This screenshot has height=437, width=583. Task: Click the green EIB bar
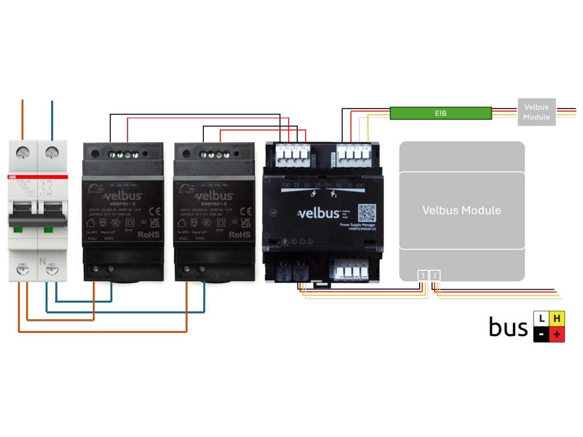tap(441, 113)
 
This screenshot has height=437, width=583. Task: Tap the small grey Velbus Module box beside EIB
tap(536, 112)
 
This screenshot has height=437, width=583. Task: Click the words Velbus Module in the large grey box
tap(461, 211)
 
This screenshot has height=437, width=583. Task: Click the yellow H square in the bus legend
tap(557, 319)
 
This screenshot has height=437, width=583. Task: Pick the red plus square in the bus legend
tap(557, 335)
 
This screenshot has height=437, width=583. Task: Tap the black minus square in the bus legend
tap(541, 335)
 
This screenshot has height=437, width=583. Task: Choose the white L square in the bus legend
tap(541, 319)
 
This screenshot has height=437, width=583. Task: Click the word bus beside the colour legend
tap(508, 327)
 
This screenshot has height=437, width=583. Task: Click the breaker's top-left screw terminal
tap(23, 152)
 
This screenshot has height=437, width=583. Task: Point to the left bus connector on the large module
tap(423, 275)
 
